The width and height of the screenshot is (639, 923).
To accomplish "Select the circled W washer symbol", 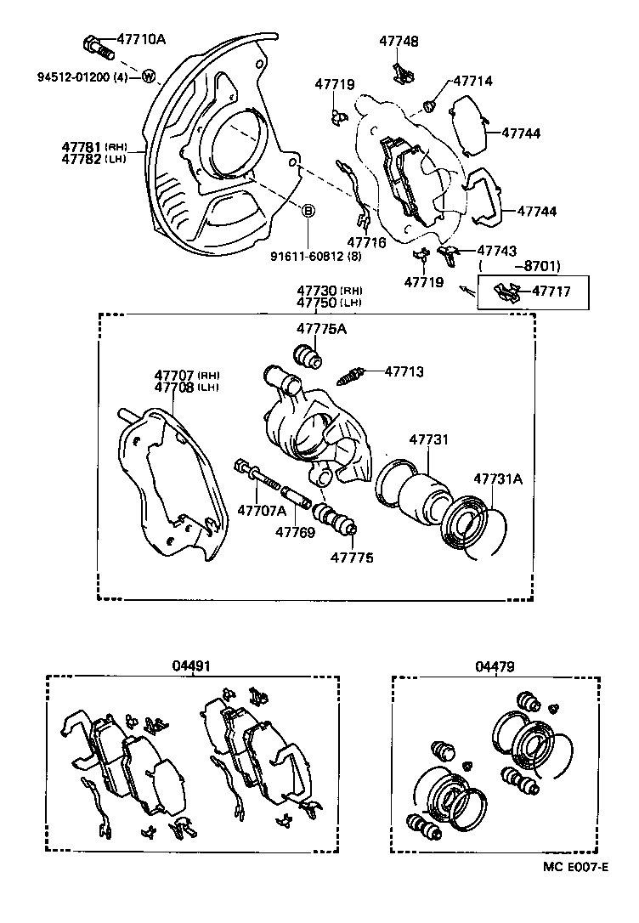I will click(148, 77).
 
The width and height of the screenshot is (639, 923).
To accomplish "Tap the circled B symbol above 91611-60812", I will click(309, 210).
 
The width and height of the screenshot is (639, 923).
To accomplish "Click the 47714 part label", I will click(472, 82).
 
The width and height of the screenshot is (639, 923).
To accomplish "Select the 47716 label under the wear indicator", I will click(366, 242).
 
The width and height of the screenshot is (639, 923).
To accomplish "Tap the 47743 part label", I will click(496, 251).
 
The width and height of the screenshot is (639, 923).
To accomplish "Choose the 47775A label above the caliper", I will click(321, 329).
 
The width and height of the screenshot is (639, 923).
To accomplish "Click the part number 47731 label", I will click(429, 439).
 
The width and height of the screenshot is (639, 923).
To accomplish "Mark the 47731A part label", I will click(498, 478).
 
